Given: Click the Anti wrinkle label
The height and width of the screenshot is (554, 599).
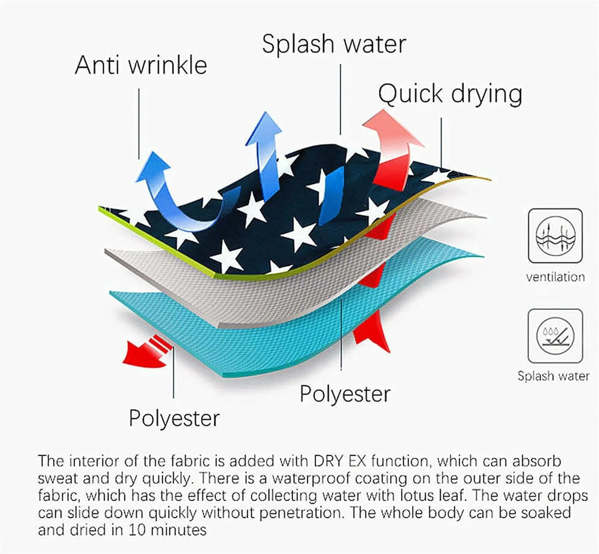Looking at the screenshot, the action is pyautogui.click(x=141, y=66).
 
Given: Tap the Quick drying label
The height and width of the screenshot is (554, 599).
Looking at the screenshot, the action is pyautogui.click(x=450, y=94).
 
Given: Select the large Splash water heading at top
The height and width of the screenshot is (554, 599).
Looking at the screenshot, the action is pyautogui.click(x=334, y=44).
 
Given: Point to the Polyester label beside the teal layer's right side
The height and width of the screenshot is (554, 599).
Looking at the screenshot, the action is pyautogui.click(x=345, y=394).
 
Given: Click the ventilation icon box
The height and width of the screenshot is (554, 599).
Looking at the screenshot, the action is pyautogui.click(x=555, y=236).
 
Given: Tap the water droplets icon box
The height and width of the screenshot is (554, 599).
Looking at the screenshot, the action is pyautogui.click(x=555, y=336).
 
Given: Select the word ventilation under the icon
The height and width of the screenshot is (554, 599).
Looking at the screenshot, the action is pyautogui.click(x=555, y=277).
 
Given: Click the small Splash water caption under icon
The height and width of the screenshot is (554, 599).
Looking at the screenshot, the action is pyautogui.click(x=553, y=376).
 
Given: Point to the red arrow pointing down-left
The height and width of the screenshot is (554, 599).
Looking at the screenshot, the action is pyautogui.click(x=148, y=351).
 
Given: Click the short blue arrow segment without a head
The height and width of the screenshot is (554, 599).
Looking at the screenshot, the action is pyautogui.click(x=331, y=196).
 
